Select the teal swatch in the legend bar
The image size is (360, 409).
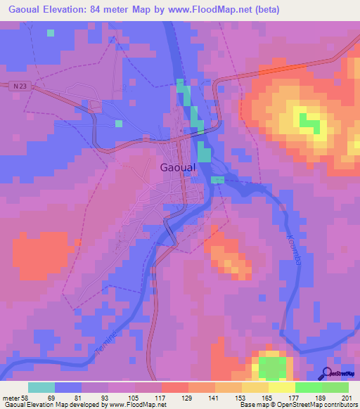(x=41, y=387)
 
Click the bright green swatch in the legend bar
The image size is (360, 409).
(x=308, y=387)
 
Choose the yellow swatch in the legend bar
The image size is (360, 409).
(x=281, y=387)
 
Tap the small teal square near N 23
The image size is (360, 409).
(x=51, y=32)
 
